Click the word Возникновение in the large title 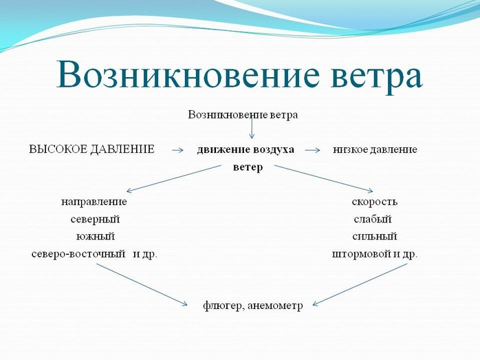pyautogui.click(x=188, y=75)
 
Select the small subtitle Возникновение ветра pyautogui.click(x=243, y=115)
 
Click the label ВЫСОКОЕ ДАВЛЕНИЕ pyautogui.click(x=91, y=149)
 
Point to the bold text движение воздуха pyautogui.click(x=246, y=149)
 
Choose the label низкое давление pyautogui.click(x=375, y=149)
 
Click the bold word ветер pyautogui.click(x=248, y=167)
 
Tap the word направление pyautogui.click(x=94, y=202)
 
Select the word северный pyautogui.click(x=95, y=220)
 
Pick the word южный pyautogui.click(x=95, y=237)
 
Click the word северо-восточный pyautogui.click(x=78, y=254)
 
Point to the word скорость pyautogui.click(x=374, y=202)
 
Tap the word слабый pyautogui.click(x=373, y=220)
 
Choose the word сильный pyautogui.click(x=374, y=237)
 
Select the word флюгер pyautogui.click(x=223, y=306)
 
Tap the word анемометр pyautogui.click(x=275, y=306)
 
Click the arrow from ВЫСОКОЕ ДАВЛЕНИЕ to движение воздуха pyautogui.click(x=177, y=150)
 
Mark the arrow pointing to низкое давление pyautogui.click(x=312, y=150)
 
